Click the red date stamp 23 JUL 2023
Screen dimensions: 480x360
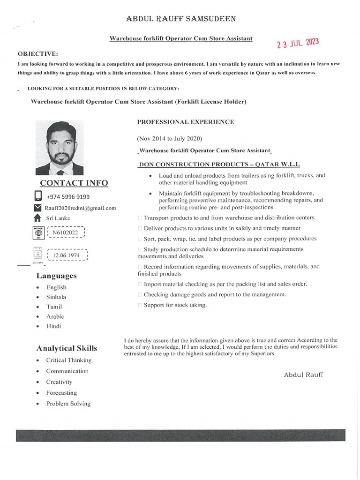298,44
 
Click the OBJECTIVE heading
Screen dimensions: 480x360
37,54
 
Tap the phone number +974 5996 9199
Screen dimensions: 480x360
68,197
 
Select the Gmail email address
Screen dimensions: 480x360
80,208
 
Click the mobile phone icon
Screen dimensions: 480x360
38,196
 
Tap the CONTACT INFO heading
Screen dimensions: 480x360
74,183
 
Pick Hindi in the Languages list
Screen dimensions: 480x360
53,326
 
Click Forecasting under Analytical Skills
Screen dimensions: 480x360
61,393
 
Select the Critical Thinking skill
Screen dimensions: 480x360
69,360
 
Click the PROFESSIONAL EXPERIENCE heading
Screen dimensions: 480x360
186,122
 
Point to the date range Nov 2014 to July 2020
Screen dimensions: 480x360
169,138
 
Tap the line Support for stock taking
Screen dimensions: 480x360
175,305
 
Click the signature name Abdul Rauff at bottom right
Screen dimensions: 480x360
303,375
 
